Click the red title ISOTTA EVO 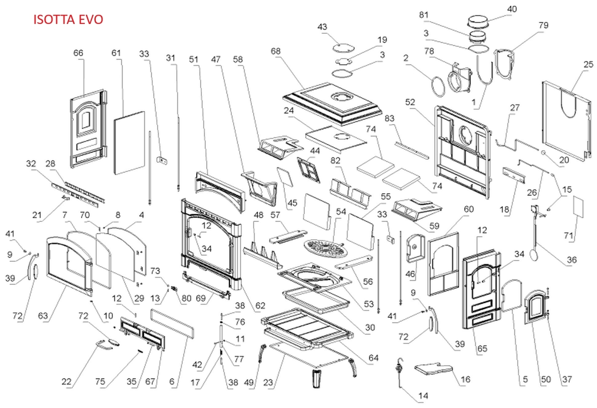point(68,19)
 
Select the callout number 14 point(423,396)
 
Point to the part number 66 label point(78,53)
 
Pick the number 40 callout point(512,9)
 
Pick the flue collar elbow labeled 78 point(459,80)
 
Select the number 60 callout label point(468,210)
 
